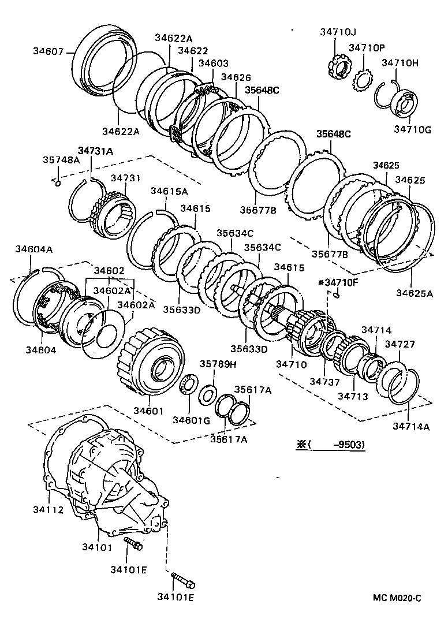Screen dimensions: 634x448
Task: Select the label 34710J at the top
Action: click(x=338, y=32)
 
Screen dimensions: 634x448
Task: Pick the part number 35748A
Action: click(x=61, y=160)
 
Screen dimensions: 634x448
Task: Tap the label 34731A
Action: click(x=95, y=151)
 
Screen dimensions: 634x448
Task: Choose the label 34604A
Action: click(x=33, y=249)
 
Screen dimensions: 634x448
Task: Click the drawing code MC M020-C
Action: click(x=397, y=598)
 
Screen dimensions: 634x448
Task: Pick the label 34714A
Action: click(x=412, y=426)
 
